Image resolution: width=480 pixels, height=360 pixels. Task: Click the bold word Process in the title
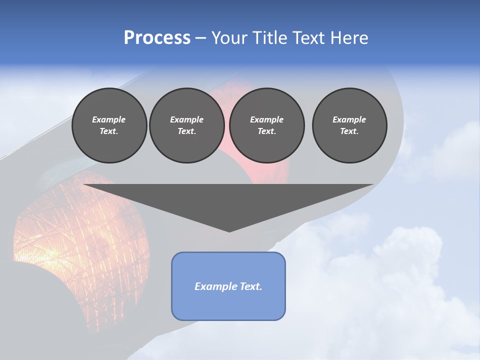tap(157, 38)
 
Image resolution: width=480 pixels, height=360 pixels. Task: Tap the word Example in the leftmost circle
tap(109, 119)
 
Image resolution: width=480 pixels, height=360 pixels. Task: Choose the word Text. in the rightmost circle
tap(349, 131)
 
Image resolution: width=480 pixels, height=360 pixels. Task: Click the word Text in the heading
tap(307, 38)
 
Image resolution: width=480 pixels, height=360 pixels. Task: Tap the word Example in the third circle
tap(266, 119)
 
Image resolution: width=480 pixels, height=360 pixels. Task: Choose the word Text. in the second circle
tap(186, 131)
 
